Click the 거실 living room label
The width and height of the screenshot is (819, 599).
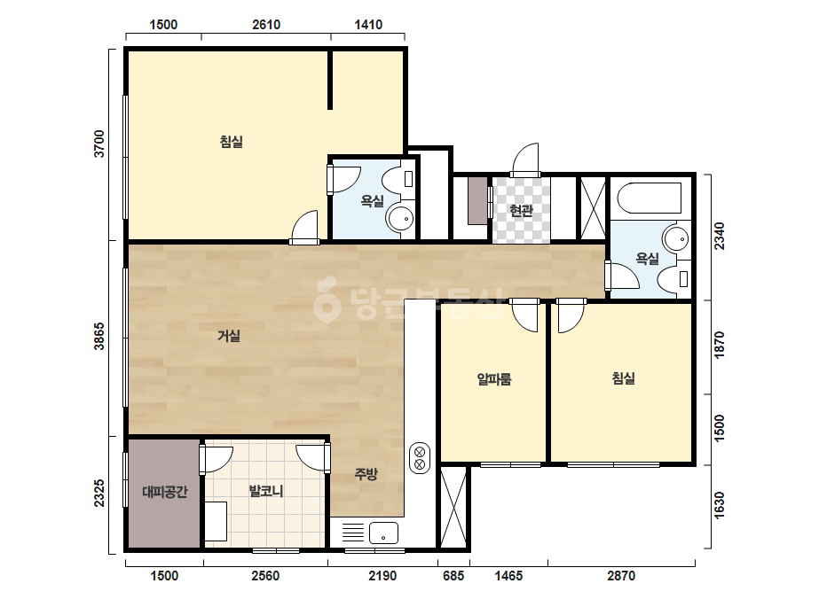point(229,336)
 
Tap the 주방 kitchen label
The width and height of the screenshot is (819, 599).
point(366,474)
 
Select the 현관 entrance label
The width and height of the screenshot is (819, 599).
point(521,210)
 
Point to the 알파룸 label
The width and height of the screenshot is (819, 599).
point(494,379)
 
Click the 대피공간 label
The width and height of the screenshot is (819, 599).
point(164,492)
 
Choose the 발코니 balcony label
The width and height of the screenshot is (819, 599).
point(266,491)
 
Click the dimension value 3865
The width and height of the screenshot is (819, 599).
point(98,336)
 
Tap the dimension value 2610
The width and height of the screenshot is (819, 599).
point(266,25)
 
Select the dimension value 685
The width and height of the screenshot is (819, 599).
point(453,576)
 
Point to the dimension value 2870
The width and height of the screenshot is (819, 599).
point(621,576)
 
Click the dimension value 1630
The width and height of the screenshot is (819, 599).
point(720,505)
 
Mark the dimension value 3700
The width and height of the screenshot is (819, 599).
point(98,144)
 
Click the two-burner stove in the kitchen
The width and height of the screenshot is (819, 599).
point(420,458)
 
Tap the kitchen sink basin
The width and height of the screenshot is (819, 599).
point(383,533)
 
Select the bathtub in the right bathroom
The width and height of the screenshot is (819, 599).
point(650,198)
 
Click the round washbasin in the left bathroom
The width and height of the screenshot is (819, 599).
point(401,219)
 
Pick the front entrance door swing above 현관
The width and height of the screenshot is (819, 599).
point(525,159)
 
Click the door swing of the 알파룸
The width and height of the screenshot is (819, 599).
point(524,316)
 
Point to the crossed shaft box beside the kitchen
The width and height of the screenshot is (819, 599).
point(453,507)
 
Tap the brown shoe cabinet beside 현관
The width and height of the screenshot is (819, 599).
point(477,201)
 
